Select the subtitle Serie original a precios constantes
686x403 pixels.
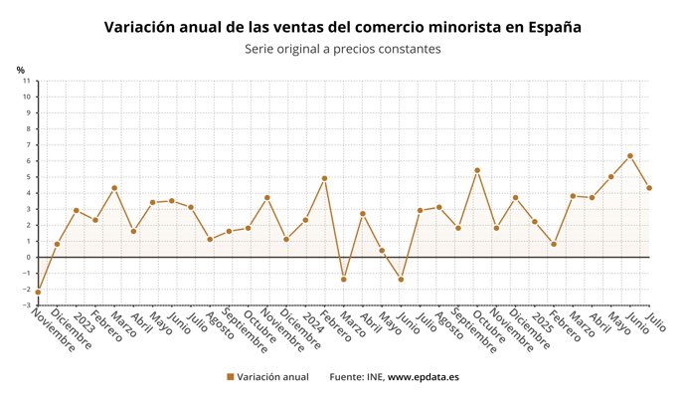(343, 48)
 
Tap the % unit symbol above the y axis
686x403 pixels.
(20, 70)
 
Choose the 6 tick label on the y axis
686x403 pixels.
(27, 161)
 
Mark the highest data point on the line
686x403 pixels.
(630, 156)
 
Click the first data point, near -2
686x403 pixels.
(38, 292)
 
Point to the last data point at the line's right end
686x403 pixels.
(649, 188)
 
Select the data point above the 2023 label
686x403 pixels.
(76, 210)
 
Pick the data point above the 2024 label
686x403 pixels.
(305, 220)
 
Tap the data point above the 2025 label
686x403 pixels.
(535, 221)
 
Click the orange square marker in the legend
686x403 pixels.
(231, 377)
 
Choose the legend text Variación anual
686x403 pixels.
(273, 377)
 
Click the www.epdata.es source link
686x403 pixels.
(423, 377)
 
